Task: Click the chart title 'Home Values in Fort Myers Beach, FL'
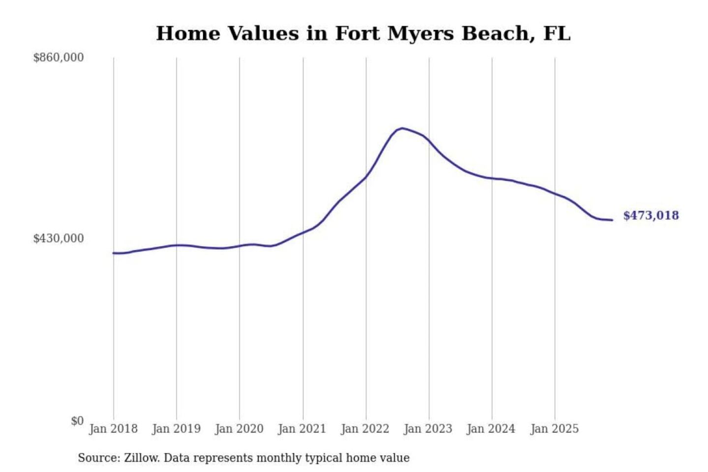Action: click(363, 33)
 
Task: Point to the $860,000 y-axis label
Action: click(59, 58)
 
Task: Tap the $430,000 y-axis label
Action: click(59, 238)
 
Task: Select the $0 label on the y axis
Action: click(77, 421)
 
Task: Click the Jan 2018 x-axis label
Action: click(113, 429)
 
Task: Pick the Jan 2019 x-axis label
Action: click(177, 429)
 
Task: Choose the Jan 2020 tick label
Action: click(239, 429)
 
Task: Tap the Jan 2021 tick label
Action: click(302, 429)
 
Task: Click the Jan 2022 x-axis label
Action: click(365, 429)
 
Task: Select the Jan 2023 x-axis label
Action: click(428, 429)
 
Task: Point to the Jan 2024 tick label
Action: click(491, 429)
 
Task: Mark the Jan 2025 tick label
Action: click(555, 429)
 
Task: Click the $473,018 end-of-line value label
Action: click(651, 215)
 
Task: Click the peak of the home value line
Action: click(402, 128)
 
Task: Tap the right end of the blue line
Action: click(612, 220)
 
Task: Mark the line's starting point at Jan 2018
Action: click(114, 253)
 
